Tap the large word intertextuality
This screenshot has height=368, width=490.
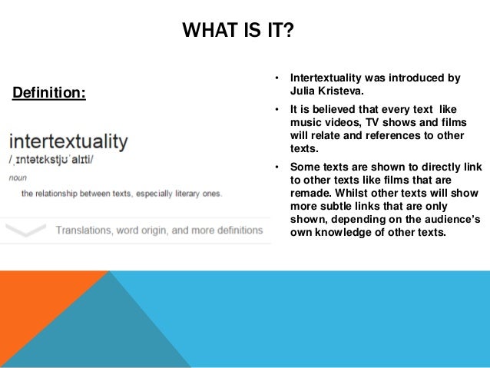click(x=68, y=142)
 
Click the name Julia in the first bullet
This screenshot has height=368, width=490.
click(x=303, y=90)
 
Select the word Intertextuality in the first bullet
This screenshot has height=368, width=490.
click(x=329, y=78)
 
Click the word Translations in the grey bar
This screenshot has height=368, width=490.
click(x=87, y=230)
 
